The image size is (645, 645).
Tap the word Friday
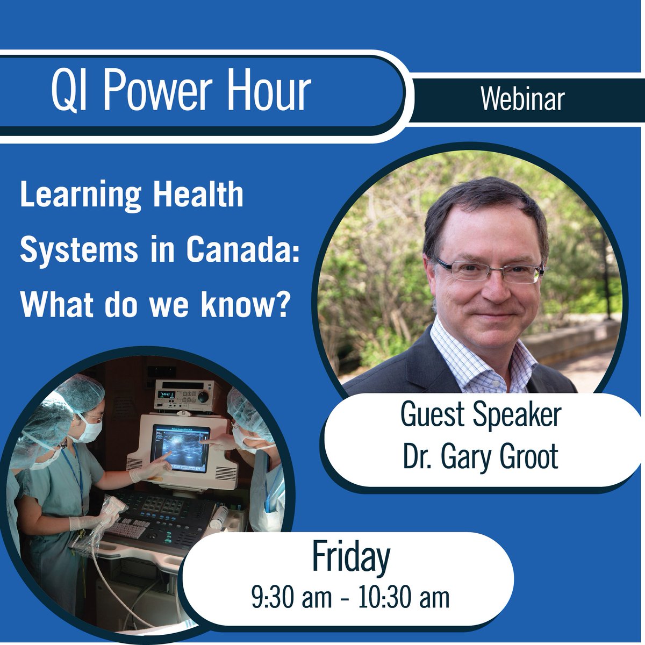tap(350, 559)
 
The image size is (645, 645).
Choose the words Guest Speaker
tap(481, 415)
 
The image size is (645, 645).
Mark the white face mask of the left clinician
tap(89, 429)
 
